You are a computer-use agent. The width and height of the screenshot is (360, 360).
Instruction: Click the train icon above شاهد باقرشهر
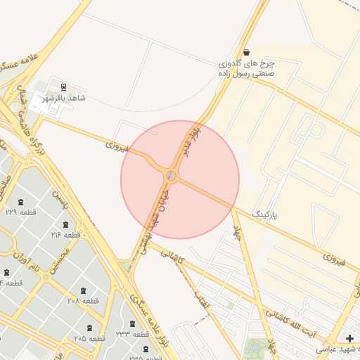64,87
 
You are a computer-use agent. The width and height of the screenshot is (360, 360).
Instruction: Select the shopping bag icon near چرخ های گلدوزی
245,52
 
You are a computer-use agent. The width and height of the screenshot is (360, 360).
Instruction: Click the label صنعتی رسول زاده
245,72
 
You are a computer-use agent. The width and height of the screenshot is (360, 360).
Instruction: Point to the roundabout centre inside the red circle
172,175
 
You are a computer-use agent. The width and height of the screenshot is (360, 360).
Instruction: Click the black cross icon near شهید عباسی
349,338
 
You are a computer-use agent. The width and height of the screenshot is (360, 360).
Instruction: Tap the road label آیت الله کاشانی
299,321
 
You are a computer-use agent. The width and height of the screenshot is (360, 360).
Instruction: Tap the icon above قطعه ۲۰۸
84,290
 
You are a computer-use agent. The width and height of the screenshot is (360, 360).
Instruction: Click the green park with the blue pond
257,348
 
